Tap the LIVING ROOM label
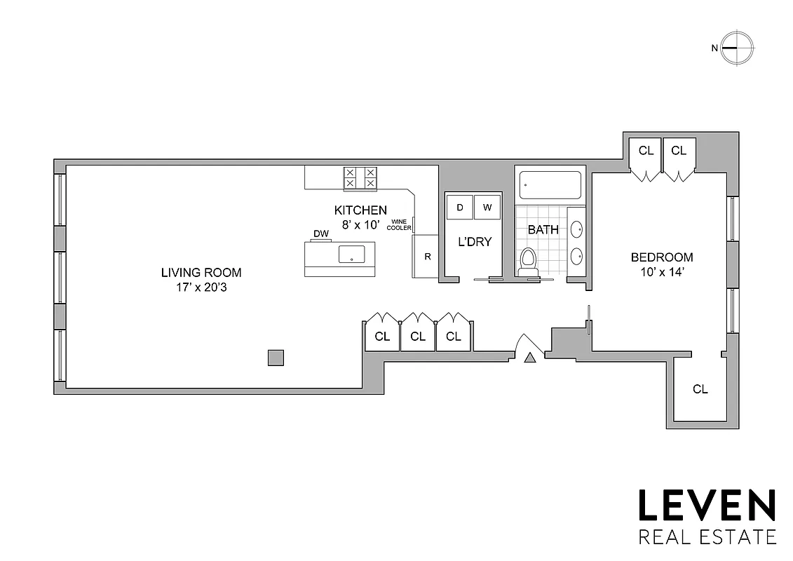click(x=201, y=272)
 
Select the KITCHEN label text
click(x=360, y=210)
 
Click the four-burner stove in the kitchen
click(x=360, y=177)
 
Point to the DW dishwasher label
click(x=321, y=234)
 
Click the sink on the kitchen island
click(x=351, y=255)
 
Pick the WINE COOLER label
click(x=399, y=224)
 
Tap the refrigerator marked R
click(x=426, y=256)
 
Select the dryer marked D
click(x=460, y=207)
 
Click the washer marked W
click(x=487, y=207)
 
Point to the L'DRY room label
click(x=475, y=242)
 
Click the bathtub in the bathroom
click(x=550, y=185)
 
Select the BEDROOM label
click(x=661, y=257)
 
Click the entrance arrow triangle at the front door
click(x=530, y=358)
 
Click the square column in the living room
click(x=276, y=358)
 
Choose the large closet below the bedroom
click(x=700, y=389)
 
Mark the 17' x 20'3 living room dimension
click(x=201, y=286)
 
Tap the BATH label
click(x=543, y=229)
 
